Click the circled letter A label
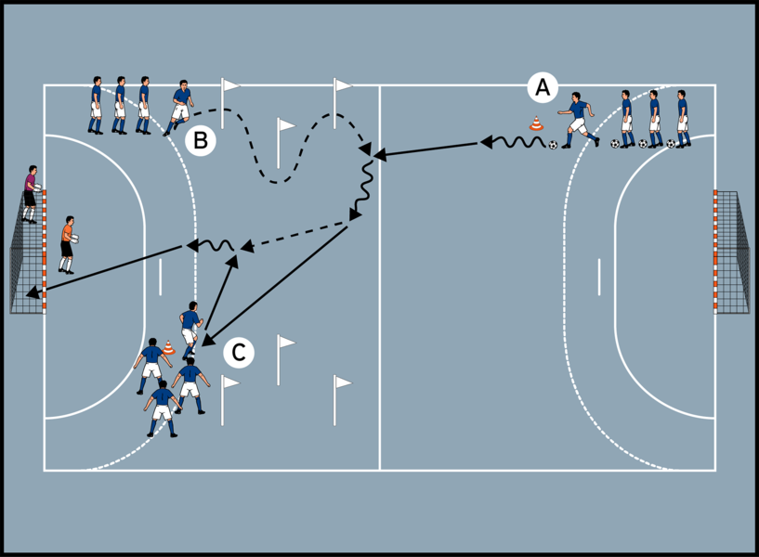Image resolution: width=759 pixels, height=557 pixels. pos(543,88)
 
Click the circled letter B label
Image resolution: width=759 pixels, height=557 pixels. pos(201,141)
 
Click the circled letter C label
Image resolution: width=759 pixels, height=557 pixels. pos(239,352)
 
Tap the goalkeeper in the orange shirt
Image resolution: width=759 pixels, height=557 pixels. pos(67,244)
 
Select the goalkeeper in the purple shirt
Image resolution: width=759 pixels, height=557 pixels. pos(32,194)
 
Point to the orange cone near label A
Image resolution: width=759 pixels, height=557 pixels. pos(536,123)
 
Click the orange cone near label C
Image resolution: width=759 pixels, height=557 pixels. pos(169,348)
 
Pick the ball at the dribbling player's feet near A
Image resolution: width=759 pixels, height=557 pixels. pos(553,145)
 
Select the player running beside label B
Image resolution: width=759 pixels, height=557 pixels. pos(180,106)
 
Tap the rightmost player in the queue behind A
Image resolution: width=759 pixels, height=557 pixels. pos(682,118)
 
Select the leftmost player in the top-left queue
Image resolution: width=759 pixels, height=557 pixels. pos(96,104)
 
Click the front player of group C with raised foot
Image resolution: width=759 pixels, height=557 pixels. pos(190,330)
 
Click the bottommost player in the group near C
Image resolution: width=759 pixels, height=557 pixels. pos(163,407)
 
